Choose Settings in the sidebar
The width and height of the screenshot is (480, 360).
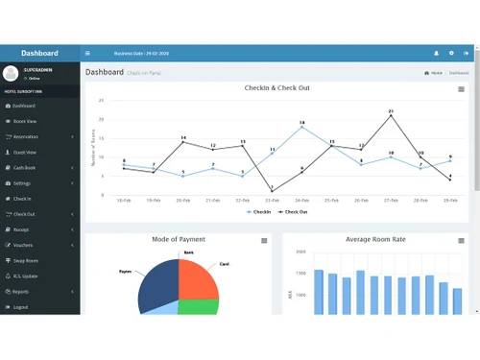point(23,182)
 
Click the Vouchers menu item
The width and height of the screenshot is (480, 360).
point(24,245)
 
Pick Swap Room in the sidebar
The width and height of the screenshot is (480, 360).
point(26,260)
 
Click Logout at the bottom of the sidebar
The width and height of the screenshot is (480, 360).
point(21,307)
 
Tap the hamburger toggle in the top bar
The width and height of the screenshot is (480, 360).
point(87,54)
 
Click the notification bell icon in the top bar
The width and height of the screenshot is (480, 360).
point(436,54)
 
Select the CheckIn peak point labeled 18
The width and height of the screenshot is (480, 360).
point(301,127)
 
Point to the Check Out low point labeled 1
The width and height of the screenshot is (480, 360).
point(272,190)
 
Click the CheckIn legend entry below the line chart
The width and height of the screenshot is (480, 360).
point(259,211)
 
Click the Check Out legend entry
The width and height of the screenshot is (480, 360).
point(294,211)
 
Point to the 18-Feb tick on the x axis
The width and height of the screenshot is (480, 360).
point(124,200)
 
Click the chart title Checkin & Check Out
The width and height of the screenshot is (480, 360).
point(276,88)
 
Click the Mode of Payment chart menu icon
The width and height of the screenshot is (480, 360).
point(264,240)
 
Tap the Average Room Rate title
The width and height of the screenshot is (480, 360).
point(376,239)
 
